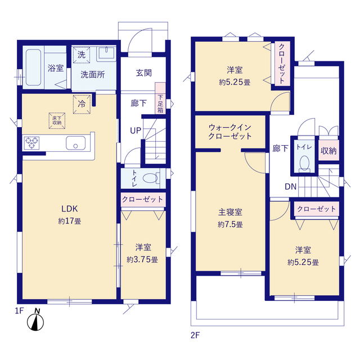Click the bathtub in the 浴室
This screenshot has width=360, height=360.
coord(33,66)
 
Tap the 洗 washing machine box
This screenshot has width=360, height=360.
coord(82,55)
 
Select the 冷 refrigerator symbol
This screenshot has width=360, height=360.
coord(82,103)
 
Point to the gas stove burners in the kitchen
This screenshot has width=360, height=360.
coord(33,143)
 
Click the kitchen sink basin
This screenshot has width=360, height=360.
coord(74,143)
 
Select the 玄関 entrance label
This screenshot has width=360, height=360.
coord(143,73)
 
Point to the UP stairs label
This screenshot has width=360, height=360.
coord(136,130)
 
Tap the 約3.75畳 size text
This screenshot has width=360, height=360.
coord(142,260)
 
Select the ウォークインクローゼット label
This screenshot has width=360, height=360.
coord(229,132)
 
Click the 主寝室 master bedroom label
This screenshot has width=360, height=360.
coord(230,212)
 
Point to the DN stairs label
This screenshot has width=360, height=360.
coord(291,187)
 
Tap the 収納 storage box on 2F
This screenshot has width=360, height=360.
coord(328,151)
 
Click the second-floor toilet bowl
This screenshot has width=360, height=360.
coord(304,164)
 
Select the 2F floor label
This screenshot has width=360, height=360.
coord(195,335)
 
